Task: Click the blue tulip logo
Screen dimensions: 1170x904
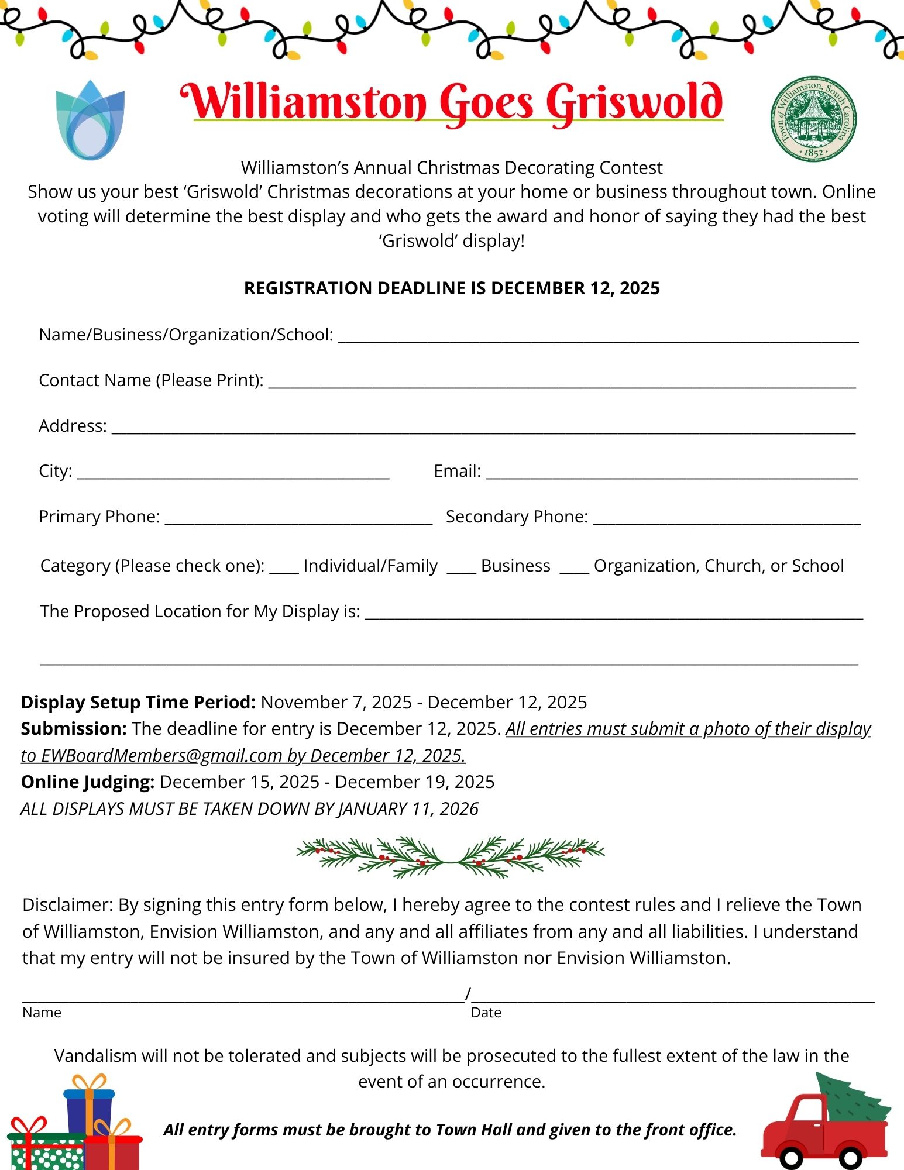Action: pyautogui.click(x=90, y=121)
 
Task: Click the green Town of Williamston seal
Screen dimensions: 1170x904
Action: pyautogui.click(x=813, y=119)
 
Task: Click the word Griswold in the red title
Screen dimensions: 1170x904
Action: pyautogui.click(x=634, y=103)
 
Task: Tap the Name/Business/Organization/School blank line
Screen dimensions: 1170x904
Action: pyautogui.click(x=598, y=338)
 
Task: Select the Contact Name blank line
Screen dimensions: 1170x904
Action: pyautogui.click(x=562, y=384)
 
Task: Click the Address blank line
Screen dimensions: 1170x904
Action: pyautogui.click(x=483, y=429)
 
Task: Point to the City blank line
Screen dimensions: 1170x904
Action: pyautogui.click(x=233, y=475)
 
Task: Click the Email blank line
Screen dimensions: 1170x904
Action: pyautogui.click(x=671, y=475)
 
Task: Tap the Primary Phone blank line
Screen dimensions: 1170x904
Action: pyautogui.click(x=298, y=521)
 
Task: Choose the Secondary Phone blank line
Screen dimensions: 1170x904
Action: pyautogui.click(x=726, y=521)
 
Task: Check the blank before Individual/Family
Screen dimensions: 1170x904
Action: pyautogui.click(x=284, y=569)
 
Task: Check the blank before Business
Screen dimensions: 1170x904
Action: pyautogui.click(x=461, y=569)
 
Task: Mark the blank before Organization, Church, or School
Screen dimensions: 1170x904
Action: pyautogui.click(x=574, y=569)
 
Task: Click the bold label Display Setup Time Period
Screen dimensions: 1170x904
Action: pyautogui.click(x=138, y=702)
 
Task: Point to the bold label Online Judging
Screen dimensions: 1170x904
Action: pyautogui.click(x=88, y=782)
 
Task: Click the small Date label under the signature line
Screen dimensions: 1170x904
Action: pyautogui.click(x=486, y=1013)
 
